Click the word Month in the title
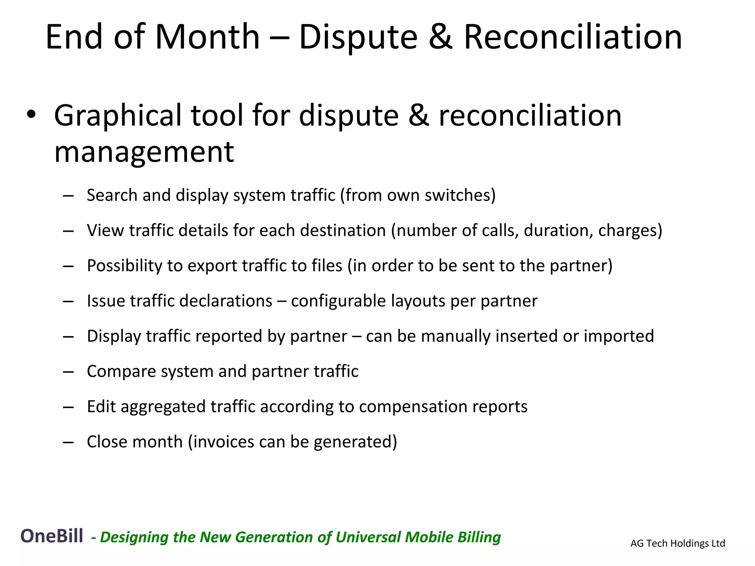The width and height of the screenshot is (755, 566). tap(208, 37)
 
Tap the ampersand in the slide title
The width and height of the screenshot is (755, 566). tap(441, 37)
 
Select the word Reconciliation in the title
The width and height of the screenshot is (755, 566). tap(573, 37)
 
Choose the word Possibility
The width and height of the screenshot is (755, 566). tap(124, 266)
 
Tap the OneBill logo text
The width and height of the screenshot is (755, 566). tap(52, 536)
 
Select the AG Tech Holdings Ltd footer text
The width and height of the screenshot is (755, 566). tap(678, 543)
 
